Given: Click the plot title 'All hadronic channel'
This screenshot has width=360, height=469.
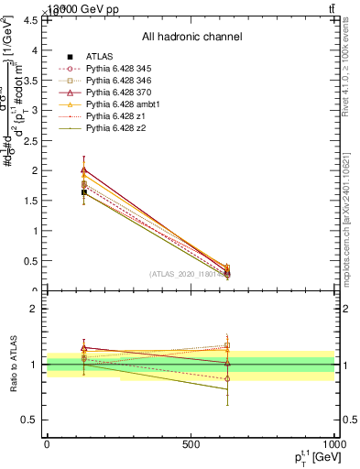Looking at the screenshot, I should tap(191, 38).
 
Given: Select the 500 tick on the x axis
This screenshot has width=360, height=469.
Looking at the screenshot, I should tap(191, 445).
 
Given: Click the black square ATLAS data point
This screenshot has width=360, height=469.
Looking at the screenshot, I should tap(84, 192).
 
